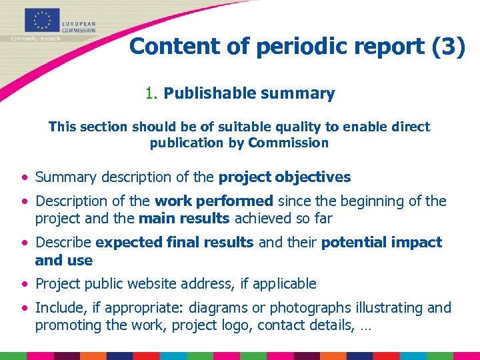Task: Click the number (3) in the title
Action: click(447, 46)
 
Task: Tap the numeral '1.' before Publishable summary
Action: click(151, 93)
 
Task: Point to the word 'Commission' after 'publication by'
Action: click(288, 143)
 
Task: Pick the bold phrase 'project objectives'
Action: click(285, 177)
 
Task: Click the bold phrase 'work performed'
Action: click(214, 201)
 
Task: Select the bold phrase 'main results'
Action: click(183, 218)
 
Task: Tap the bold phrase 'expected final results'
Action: click(175, 242)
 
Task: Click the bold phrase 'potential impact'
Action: click(381, 242)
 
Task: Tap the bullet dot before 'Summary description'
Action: click(24, 177)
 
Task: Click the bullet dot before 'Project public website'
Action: click(24, 284)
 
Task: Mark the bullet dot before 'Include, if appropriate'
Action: click(24, 309)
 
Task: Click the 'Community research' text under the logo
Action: click(35, 38)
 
